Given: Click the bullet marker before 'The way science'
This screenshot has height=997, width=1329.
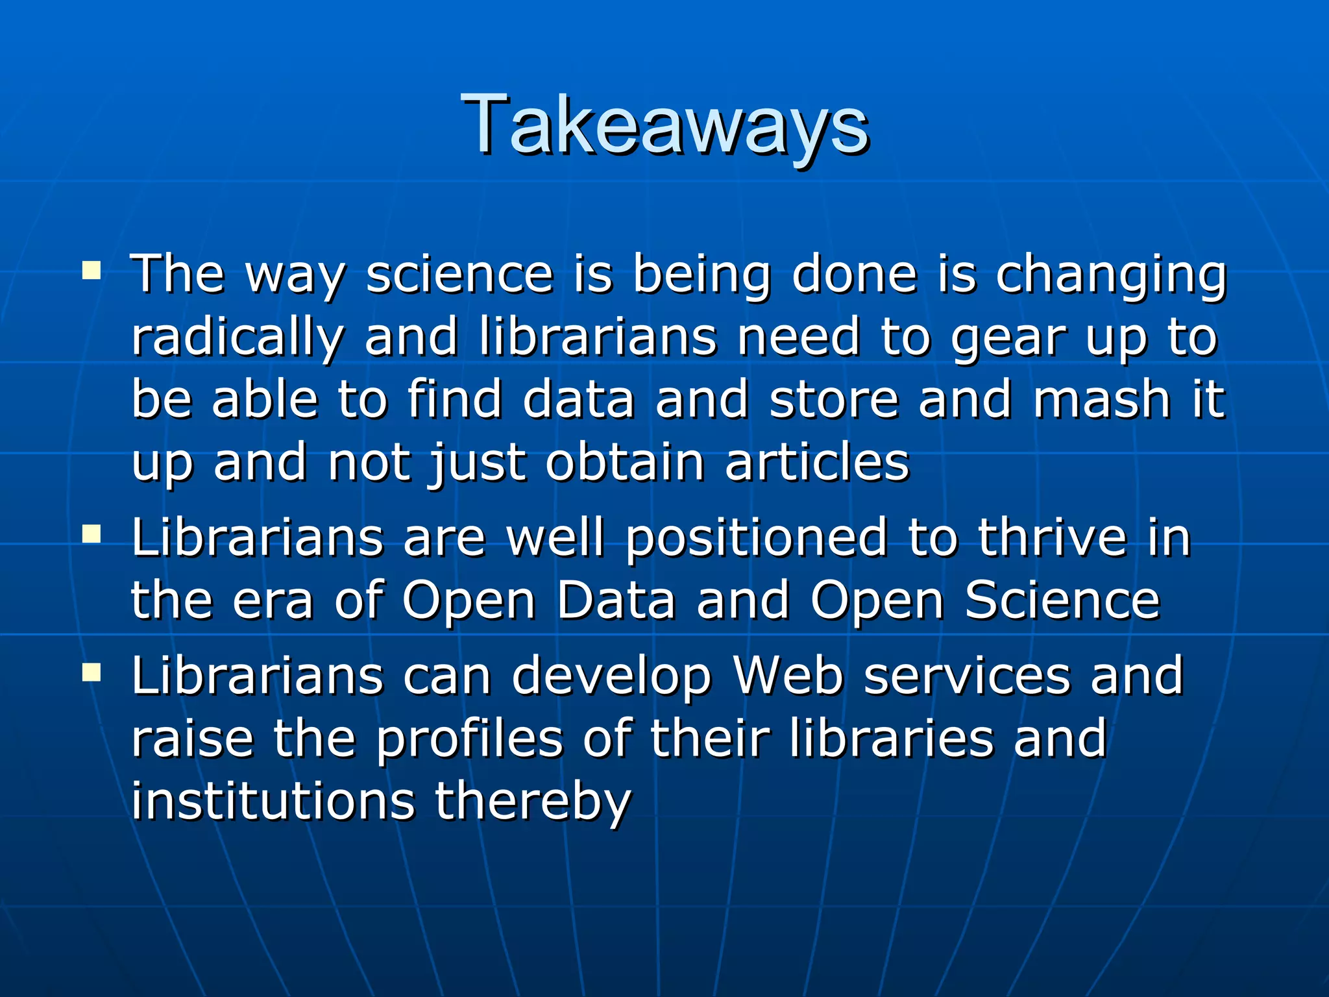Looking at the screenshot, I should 91,269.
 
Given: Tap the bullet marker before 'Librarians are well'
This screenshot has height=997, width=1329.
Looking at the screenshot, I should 91,534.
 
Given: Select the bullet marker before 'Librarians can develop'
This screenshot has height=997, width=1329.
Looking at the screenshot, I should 91,672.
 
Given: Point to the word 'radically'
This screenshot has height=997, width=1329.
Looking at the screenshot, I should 237,338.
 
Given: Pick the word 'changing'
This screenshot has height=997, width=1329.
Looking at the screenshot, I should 1110,276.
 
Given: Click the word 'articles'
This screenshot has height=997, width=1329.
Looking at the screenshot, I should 818,462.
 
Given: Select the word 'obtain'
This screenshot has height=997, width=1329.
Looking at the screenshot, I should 625,462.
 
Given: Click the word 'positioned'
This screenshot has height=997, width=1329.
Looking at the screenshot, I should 756,539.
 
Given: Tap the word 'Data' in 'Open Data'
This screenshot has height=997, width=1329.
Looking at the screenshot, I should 616,600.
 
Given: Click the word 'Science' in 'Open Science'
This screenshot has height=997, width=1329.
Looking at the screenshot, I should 1062,600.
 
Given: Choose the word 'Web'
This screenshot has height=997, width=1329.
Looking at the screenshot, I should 788,675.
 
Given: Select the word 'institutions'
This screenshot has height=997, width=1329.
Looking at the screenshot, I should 273,801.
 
